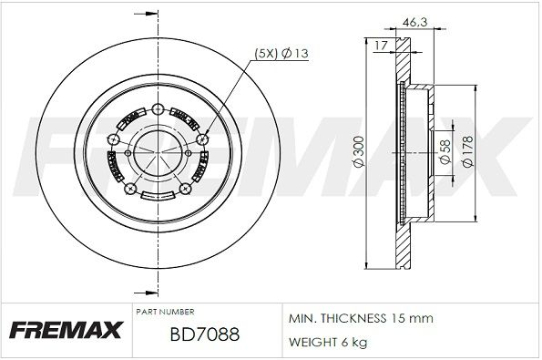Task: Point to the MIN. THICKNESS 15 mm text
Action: pyautogui.click(x=361, y=318)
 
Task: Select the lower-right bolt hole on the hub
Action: pyautogui.click(x=187, y=190)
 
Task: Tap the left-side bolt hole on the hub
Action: pyautogui.click(x=111, y=139)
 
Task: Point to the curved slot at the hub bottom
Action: pyautogui.click(x=157, y=195)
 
